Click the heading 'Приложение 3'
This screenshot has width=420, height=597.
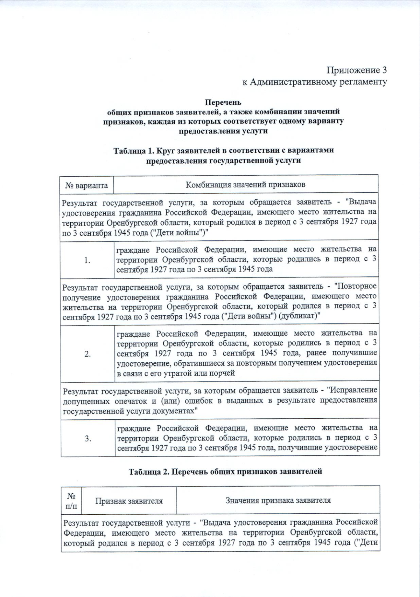357,70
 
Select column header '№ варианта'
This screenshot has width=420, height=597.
86,185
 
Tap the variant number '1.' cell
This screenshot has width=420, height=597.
87,260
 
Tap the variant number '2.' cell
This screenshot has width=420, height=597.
87,354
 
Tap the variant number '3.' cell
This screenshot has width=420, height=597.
88,438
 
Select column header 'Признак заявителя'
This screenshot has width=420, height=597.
129,501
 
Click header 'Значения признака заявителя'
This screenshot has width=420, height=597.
278,500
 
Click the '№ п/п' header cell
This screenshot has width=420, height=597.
71,501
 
